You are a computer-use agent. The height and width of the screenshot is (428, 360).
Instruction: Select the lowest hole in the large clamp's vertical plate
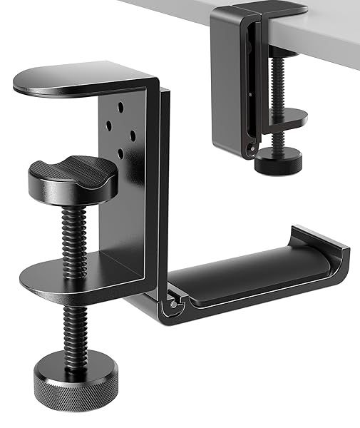pos(121,153)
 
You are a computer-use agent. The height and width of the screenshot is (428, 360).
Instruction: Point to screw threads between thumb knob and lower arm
pos(71,228)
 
